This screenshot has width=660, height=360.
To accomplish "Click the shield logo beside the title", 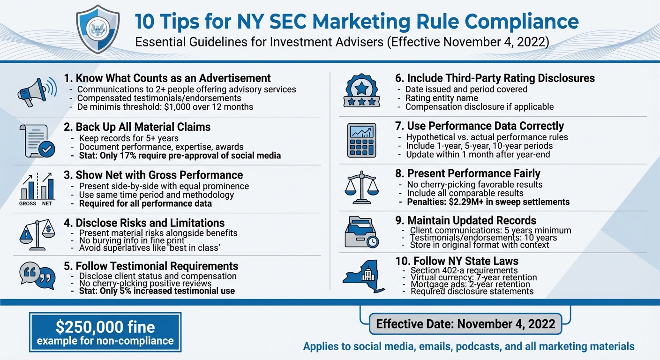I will tap(98, 29).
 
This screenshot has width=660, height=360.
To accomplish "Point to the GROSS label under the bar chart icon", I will tap(28, 204).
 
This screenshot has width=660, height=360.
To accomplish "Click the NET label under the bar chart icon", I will tap(47, 204).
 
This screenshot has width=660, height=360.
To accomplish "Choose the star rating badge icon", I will tap(360, 90).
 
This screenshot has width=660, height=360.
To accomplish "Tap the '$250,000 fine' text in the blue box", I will tap(105, 327).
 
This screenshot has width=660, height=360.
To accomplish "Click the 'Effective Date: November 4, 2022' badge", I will tap(465, 324).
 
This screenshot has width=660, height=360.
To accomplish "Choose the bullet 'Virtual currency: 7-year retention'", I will tap(473, 277).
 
